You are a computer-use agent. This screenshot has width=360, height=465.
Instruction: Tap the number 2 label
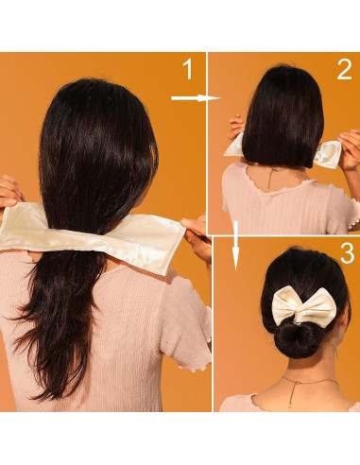(x=344, y=69)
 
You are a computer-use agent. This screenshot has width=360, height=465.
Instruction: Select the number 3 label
(x=346, y=253)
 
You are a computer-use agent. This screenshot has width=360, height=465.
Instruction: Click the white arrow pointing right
(x=194, y=96)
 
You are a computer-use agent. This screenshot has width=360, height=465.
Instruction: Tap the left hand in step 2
(x=235, y=129)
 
